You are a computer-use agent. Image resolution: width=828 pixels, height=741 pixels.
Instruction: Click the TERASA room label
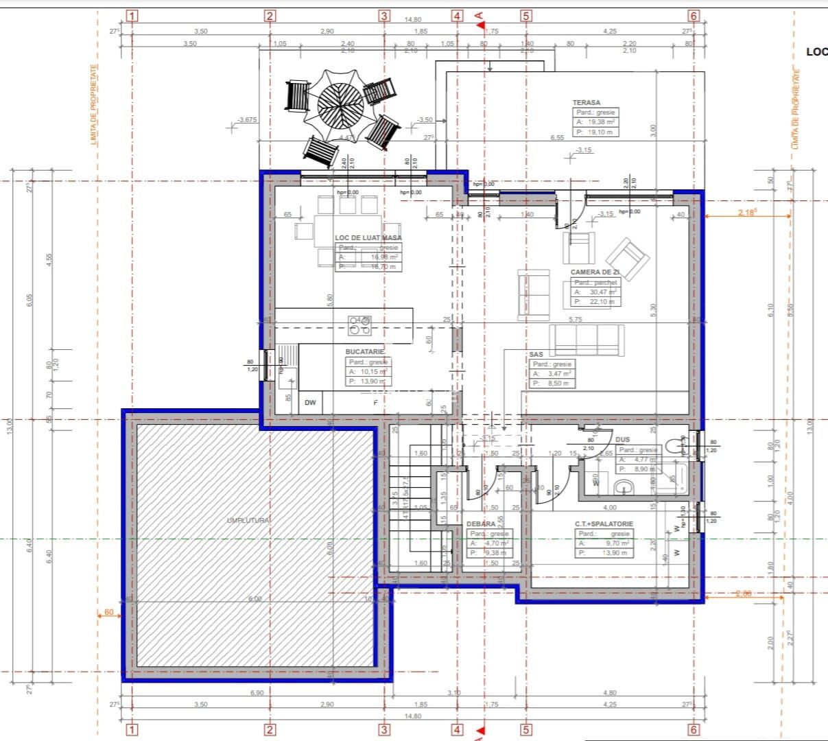587,102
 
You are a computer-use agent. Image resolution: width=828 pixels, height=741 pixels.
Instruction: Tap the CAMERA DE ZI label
595,272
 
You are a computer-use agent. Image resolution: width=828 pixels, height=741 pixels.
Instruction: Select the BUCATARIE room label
364,351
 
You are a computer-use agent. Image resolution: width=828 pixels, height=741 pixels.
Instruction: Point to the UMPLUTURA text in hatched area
248,521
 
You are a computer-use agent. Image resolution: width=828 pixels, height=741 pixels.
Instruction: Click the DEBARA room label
480,524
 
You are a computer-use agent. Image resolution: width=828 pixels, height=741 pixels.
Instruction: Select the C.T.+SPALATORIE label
604,524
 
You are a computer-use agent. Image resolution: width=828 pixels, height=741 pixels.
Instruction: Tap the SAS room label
536,354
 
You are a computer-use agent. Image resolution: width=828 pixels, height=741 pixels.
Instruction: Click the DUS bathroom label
622,439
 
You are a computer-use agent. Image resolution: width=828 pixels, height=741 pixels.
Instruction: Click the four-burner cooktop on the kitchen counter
359,325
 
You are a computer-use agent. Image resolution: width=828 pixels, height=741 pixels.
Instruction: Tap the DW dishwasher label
310,403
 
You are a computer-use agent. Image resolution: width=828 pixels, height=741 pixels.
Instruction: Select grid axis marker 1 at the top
132,16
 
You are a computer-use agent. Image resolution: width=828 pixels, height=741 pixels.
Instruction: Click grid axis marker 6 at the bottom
694,729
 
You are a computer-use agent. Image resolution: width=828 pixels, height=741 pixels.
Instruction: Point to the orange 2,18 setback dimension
746,213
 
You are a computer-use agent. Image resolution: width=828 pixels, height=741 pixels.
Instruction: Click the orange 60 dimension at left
109,612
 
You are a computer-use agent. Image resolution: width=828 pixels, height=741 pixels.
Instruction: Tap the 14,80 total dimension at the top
413,20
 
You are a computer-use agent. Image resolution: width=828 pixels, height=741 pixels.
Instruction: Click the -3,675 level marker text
246,120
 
